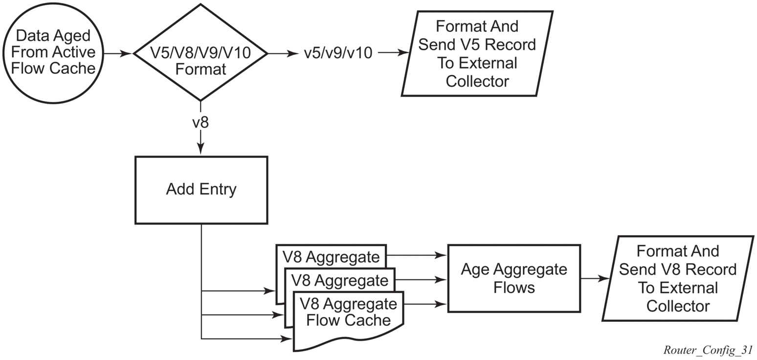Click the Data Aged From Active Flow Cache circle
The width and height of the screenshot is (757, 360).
[x=53, y=53]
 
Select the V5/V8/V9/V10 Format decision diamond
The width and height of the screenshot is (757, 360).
[x=200, y=53]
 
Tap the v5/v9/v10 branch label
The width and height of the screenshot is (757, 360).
[x=338, y=53]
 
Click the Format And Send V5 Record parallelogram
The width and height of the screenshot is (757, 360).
[x=477, y=53]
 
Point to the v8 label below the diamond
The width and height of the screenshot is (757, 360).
[x=200, y=122]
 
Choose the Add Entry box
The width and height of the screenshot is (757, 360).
[x=201, y=190]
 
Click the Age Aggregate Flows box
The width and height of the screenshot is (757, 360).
[x=513, y=278]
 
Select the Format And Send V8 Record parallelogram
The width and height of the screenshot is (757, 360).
[x=677, y=278]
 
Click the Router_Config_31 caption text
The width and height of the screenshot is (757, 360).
[x=708, y=350]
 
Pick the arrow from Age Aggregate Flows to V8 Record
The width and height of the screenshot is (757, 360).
[x=595, y=278]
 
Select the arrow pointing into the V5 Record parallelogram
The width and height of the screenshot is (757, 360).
[x=393, y=52]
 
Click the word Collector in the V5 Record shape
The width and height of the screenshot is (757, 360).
[x=477, y=81]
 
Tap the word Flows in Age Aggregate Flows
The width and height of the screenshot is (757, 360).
[x=513, y=288]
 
